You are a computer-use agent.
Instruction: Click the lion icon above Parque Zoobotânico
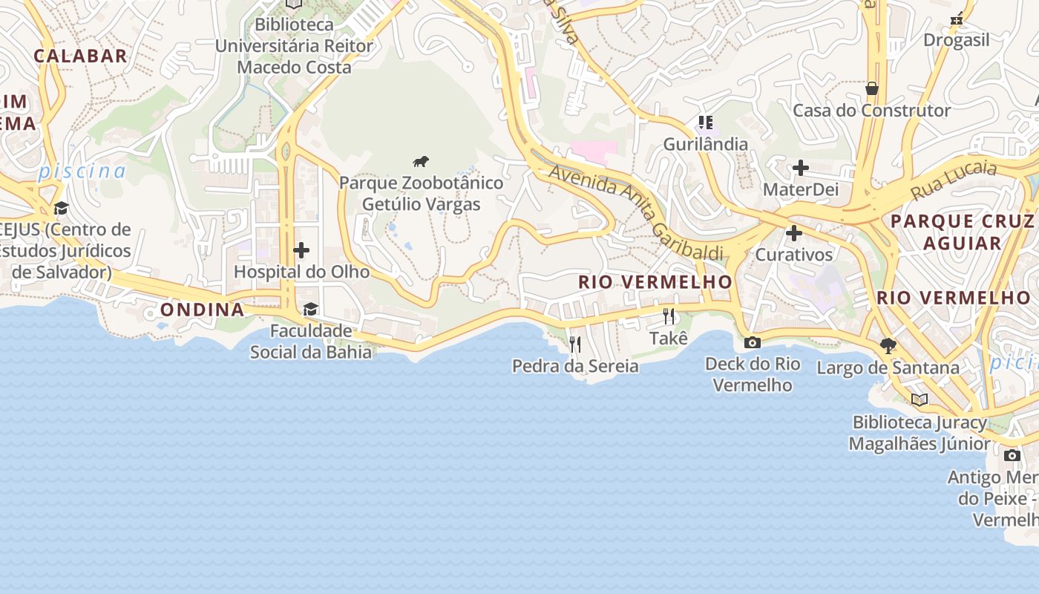(x=421, y=161)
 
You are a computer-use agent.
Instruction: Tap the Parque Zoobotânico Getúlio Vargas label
(x=421, y=193)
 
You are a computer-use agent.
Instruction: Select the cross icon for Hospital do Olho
(x=301, y=250)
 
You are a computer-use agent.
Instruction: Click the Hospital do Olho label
(x=301, y=272)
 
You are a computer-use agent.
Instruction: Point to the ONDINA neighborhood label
(x=203, y=310)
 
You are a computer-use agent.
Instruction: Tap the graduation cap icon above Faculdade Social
(x=310, y=309)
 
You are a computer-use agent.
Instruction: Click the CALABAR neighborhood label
(x=80, y=56)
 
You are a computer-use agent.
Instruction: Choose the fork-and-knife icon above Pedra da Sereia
(x=574, y=344)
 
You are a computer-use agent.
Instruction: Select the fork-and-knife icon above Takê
(x=669, y=316)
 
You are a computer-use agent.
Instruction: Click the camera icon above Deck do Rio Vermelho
(x=752, y=342)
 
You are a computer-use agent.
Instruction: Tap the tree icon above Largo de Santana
(x=888, y=345)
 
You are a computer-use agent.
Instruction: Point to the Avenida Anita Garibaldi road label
(x=635, y=212)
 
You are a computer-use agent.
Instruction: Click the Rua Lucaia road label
(x=954, y=180)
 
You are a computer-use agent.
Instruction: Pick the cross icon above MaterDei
(x=800, y=168)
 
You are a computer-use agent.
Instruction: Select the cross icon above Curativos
(x=794, y=233)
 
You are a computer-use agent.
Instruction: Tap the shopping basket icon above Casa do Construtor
(x=872, y=88)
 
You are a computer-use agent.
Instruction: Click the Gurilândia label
(x=705, y=144)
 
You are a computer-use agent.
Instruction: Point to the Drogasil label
(x=957, y=40)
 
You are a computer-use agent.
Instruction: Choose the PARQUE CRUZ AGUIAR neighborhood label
(x=962, y=232)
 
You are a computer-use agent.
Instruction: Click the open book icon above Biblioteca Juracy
(x=920, y=400)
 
